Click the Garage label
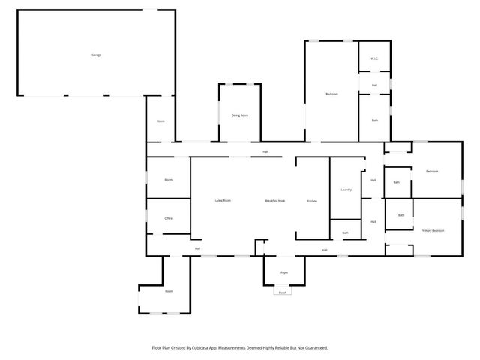[96, 55]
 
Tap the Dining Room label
[239, 115]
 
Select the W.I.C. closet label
[373, 59]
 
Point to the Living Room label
[223, 201]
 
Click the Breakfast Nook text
[275, 201]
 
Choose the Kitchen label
[312, 201]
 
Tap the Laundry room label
[346, 190]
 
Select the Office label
[169, 218]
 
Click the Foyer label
[284, 272]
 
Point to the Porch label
[283, 292]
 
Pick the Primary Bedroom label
[432, 230]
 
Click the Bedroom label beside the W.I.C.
[331, 94]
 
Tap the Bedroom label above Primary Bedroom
[432, 172]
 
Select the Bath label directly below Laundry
[345, 232]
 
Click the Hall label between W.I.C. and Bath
[373, 85]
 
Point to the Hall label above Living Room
[265, 152]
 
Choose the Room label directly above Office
[169, 180]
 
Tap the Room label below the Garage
[160, 121]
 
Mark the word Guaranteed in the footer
[313, 348]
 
